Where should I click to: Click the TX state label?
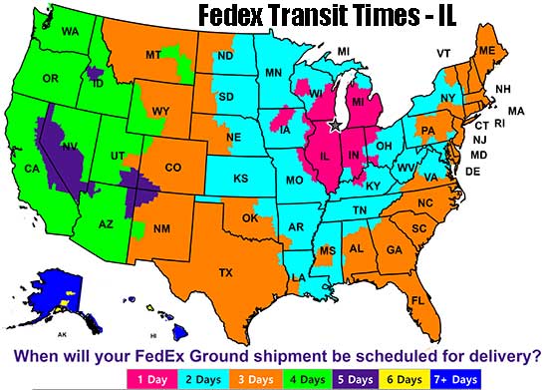click(x=225, y=271)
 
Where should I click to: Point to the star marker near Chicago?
click(x=335, y=124)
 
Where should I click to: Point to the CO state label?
click(x=172, y=168)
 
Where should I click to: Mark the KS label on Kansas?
click(x=241, y=179)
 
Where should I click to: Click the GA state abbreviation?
click(x=395, y=248)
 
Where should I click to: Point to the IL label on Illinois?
click(x=324, y=158)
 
